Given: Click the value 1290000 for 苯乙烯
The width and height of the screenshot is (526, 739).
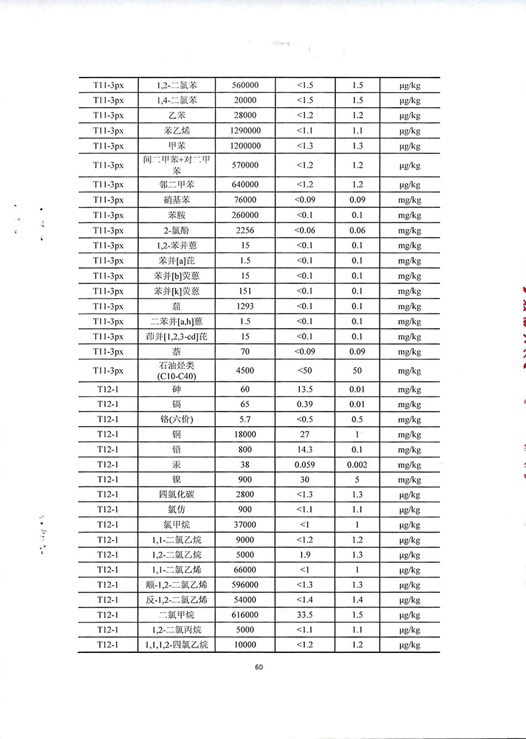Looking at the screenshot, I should pyautogui.click(x=245, y=131).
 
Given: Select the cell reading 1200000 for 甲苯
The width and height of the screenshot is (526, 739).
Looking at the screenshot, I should pyautogui.click(x=245, y=146).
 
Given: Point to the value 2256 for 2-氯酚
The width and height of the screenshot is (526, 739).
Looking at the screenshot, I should pyautogui.click(x=245, y=230).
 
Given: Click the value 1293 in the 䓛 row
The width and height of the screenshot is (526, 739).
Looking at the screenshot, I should pyautogui.click(x=245, y=306).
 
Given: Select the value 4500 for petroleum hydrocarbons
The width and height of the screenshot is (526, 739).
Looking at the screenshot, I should pyautogui.click(x=245, y=370).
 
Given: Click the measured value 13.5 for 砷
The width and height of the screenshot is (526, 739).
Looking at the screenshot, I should pyautogui.click(x=304, y=389).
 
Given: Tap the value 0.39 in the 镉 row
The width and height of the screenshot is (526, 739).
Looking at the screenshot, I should pyautogui.click(x=304, y=404).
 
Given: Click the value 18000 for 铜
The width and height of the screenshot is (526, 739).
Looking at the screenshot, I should pyautogui.click(x=245, y=435).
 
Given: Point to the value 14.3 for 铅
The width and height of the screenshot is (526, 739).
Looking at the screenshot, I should pyautogui.click(x=304, y=450).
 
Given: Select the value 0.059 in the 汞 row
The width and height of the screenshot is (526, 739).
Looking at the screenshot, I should pyautogui.click(x=304, y=465).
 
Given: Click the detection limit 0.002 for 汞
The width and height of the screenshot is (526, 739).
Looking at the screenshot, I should pyautogui.click(x=358, y=465).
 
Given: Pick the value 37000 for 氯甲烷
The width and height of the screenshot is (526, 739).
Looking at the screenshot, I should pyautogui.click(x=245, y=525).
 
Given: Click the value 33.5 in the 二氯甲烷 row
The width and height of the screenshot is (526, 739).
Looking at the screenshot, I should pyautogui.click(x=304, y=615).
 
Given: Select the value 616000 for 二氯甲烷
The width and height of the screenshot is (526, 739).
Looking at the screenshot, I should pyautogui.click(x=245, y=615).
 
